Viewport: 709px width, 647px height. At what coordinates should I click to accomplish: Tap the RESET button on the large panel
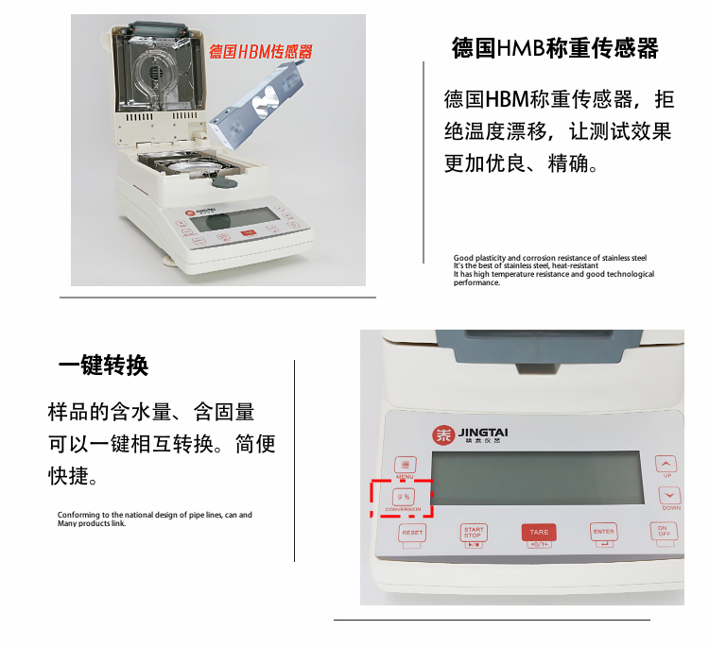coord(412,533)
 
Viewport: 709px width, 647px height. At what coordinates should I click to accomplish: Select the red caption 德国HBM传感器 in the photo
coord(260,51)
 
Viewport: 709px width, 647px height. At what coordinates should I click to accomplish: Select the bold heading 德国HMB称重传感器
coord(555,48)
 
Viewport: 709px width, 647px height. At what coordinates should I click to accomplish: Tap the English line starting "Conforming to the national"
coord(155,515)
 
